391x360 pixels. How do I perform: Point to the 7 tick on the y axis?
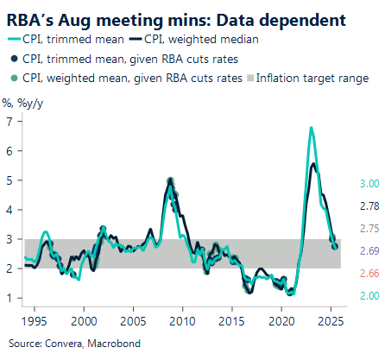(x=9, y=121)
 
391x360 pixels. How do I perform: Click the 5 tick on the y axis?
(x=9, y=180)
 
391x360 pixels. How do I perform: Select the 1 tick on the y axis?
(x=9, y=299)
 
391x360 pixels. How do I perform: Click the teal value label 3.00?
(x=369, y=184)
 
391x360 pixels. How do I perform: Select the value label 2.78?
(x=369, y=206)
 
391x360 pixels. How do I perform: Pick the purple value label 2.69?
(x=369, y=251)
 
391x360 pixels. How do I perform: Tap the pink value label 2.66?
(x=369, y=274)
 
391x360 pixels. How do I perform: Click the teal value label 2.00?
(x=369, y=296)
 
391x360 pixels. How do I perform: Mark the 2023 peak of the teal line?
(x=311, y=128)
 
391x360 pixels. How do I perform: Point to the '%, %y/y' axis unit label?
(x=21, y=102)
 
